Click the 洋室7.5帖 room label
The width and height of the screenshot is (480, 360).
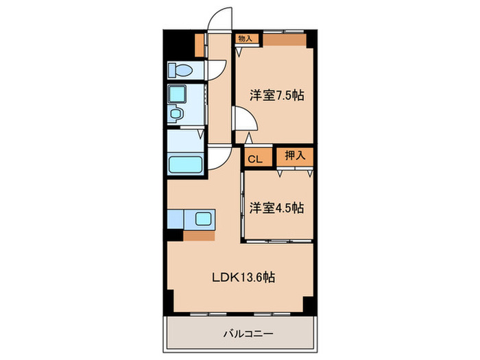coord(277,95)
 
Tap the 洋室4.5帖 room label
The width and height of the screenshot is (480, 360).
coord(277,208)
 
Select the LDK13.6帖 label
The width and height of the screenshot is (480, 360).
coord(243,277)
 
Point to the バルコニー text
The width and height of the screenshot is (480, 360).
coord(248,333)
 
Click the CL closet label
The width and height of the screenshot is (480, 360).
coord(255,159)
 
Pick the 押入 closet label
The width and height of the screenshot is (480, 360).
coord(295,156)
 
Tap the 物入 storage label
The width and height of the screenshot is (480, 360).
coord(245,38)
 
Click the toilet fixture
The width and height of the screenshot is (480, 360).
coord(180,71)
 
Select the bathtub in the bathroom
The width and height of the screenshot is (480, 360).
coord(186,165)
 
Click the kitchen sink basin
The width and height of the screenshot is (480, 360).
coord(203,219)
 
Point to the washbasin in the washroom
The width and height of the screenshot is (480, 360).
coord(176,114)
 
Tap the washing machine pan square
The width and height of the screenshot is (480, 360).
coord(177,94)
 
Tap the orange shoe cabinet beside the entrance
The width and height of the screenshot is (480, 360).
coord(200,45)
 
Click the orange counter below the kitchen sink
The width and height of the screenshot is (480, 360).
coord(200,236)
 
